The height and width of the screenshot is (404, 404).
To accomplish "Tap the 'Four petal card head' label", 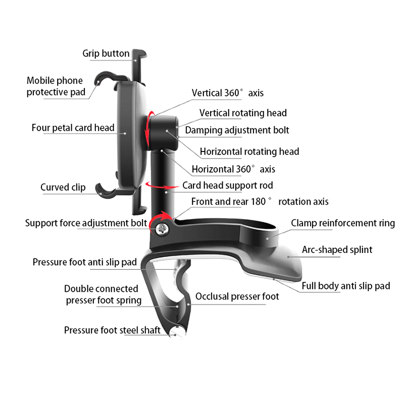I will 73,128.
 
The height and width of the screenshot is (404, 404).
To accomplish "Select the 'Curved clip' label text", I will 63,187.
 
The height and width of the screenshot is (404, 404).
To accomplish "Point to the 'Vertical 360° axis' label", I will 227,93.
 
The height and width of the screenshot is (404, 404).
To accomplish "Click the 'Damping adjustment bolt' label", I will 237,130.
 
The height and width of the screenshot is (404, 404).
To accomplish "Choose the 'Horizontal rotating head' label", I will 249,151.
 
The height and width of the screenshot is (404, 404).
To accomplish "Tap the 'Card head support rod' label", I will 227,185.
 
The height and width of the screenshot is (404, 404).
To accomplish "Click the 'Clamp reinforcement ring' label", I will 343,223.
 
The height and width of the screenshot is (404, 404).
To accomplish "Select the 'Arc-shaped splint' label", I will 337,249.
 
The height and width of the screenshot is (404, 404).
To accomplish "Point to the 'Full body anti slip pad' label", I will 346,286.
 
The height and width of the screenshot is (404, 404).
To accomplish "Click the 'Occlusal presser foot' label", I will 237,296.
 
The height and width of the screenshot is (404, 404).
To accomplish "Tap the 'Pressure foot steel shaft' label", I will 112,330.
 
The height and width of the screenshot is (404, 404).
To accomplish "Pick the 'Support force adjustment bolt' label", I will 86,223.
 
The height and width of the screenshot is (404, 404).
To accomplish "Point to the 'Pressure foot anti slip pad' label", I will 85,262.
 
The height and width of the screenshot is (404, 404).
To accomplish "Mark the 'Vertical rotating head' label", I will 243,113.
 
